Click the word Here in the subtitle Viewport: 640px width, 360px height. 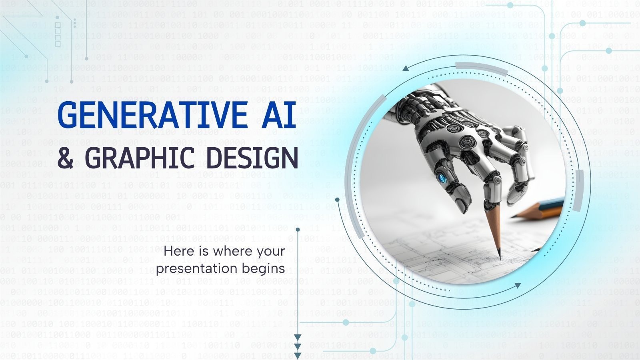tap(178, 251)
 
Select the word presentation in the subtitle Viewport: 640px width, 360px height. tap(195, 268)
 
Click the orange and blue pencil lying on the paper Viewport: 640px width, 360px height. tap(540, 209)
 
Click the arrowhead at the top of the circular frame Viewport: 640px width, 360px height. tap(406, 68)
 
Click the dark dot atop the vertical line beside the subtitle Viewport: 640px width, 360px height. tap(298, 230)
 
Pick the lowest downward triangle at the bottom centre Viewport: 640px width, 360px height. tap(298, 355)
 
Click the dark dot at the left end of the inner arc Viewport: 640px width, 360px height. tap(337, 200)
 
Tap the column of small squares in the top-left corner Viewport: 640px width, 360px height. tap(58, 34)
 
